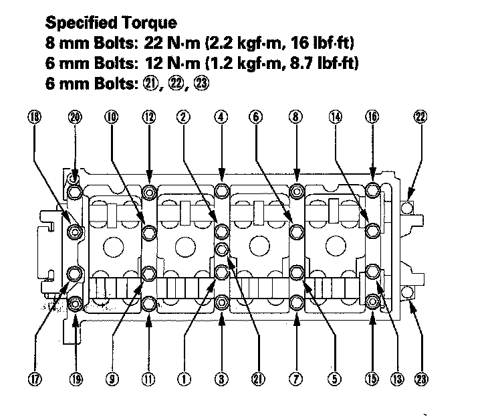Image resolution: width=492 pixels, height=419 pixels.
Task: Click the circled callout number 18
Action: (34, 116)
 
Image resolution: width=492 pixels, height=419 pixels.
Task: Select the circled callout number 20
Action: (75, 116)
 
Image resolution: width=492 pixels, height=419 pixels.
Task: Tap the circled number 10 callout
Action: (111, 116)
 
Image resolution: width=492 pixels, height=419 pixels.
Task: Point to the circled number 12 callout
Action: (149, 116)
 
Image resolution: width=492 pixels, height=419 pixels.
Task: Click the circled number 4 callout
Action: (221, 116)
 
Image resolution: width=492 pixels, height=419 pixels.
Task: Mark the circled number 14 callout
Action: (335, 116)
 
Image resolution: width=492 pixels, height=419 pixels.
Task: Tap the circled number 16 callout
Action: (372, 116)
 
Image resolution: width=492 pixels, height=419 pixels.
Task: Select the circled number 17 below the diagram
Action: (34, 379)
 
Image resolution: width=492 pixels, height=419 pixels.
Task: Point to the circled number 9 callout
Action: (111, 379)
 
